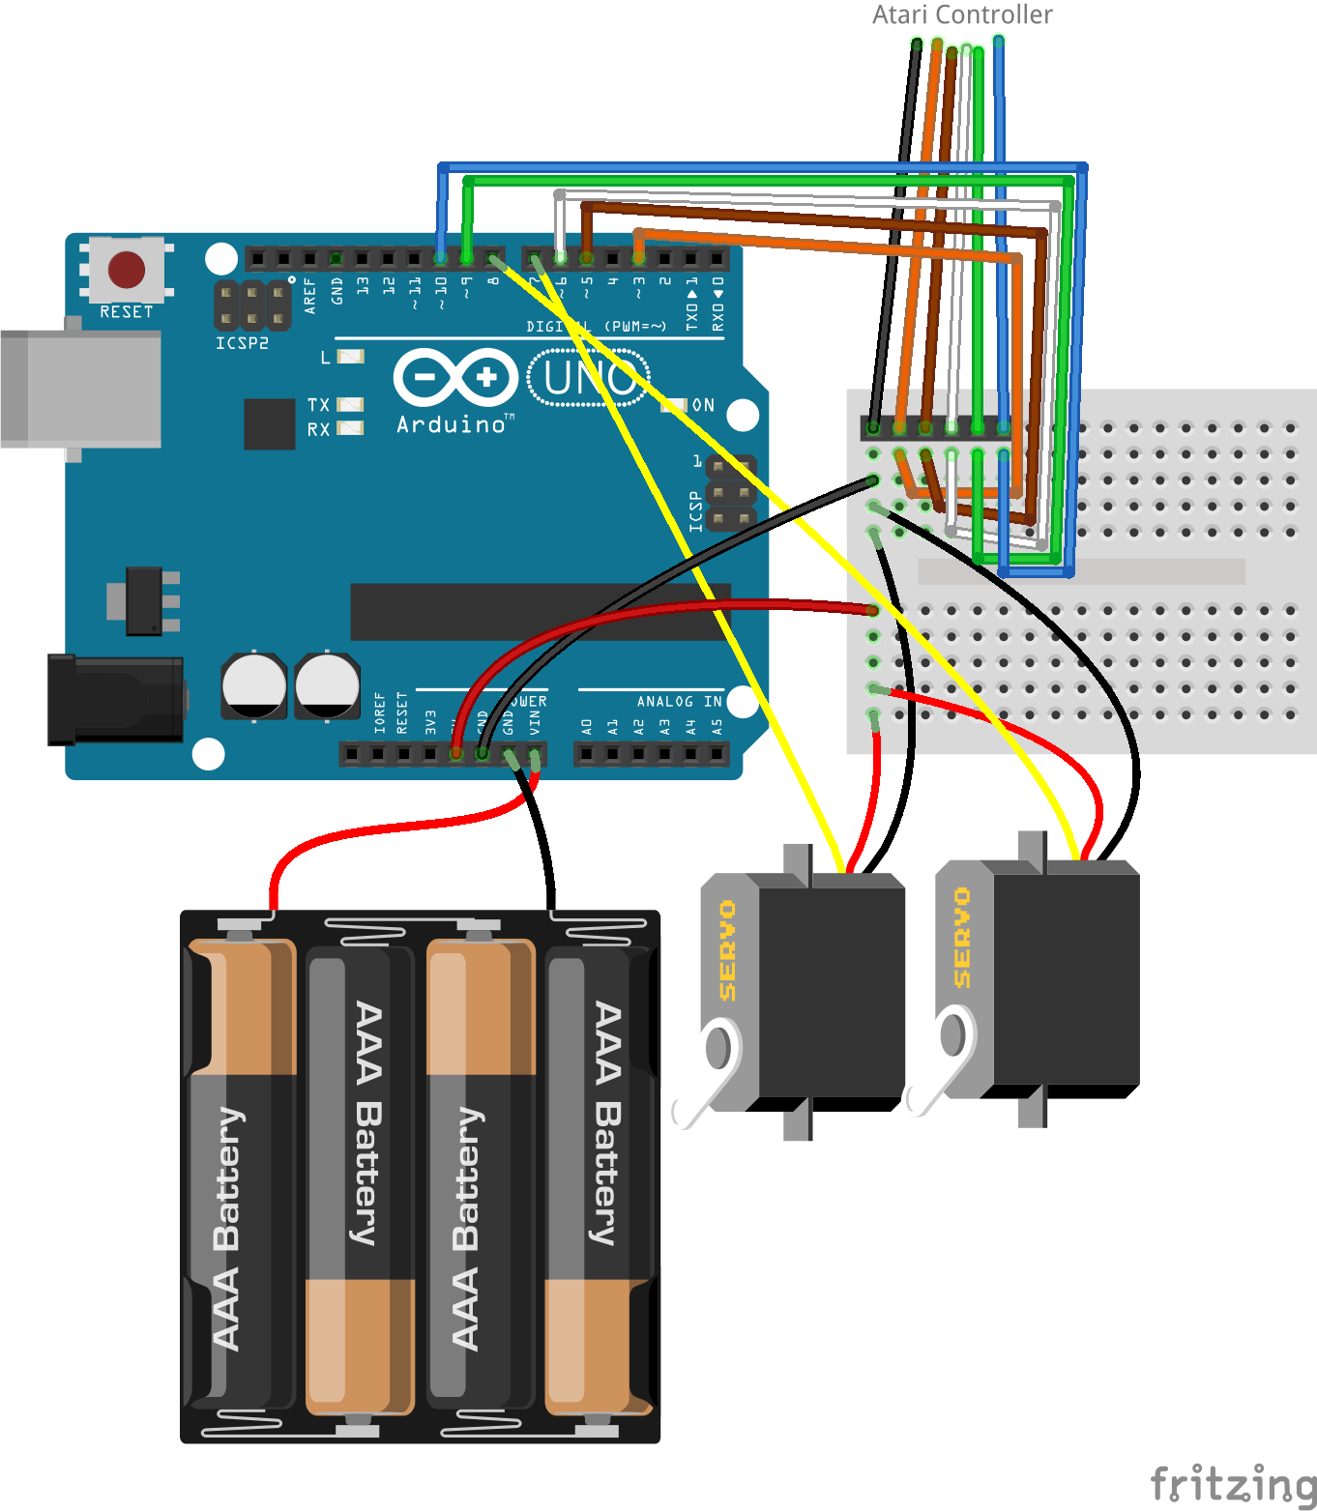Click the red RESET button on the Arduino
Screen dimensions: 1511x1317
tap(127, 270)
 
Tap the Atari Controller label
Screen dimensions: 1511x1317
tap(961, 15)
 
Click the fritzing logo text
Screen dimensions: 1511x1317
tap(1233, 1483)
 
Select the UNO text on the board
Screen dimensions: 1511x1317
tap(589, 377)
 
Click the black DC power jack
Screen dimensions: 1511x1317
tap(115, 699)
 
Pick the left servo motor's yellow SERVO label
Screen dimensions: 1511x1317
tap(728, 950)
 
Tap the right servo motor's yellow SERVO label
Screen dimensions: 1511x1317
tap(962, 938)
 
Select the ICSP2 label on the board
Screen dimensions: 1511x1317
tap(242, 343)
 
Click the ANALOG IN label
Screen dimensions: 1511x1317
tap(679, 702)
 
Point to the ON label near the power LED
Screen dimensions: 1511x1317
tap(703, 405)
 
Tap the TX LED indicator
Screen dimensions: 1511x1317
tap(350, 404)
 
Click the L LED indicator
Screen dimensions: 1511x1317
tap(350, 357)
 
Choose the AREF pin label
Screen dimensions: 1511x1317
tap(310, 295)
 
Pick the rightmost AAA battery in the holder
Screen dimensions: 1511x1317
tap(600, 1175)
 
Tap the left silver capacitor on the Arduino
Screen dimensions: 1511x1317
tap(253, 685)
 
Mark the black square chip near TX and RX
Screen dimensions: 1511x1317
tap(269, 423)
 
